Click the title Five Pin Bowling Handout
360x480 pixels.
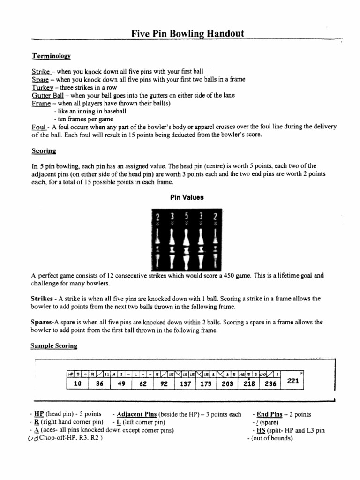[x=187, y=33]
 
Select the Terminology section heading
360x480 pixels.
[x=51, y=56]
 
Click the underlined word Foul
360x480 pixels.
[x=38, y=127]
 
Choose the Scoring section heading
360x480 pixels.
[x=44, y=151]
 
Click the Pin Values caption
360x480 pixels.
[x=187, y=197]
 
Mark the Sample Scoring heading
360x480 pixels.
[x=54, y=346]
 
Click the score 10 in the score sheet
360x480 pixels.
[x=78, y=383]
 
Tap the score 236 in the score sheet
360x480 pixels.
[x=269, y=383]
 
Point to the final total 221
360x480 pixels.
[x=293, y=381]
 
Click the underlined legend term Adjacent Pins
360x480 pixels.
[x=136, y=414]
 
